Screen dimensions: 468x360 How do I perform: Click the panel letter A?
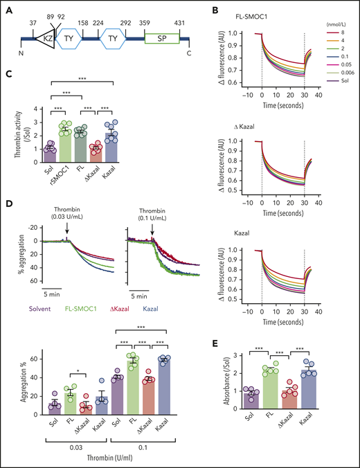(9, 7)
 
